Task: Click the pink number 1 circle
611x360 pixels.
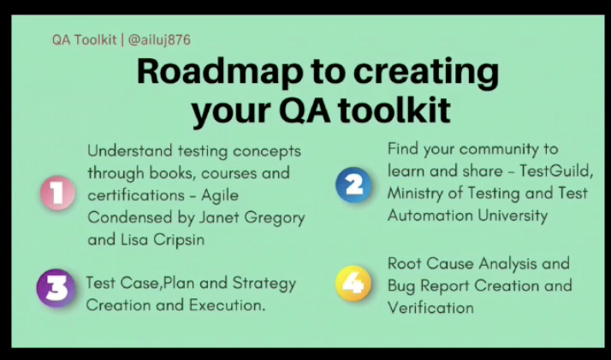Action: (x=57, y=193)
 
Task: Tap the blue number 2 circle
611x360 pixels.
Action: (x=353, y=185)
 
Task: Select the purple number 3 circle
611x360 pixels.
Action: (x=56, y=288)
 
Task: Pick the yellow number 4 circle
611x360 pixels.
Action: (x=353, y=283)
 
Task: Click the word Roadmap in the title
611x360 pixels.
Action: (x=220, y=72)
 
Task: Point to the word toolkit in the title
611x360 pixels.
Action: (x=394, y=110)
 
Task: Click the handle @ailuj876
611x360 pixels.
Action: (x=159, y=39)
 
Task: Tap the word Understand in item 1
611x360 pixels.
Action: (x=130, y=150)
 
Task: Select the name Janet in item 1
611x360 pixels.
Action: (x=219, y=217)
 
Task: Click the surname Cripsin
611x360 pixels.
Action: (x=179, y=239)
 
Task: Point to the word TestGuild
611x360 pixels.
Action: (x=556, y=171)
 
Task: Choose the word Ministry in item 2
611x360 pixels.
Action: (x=415, y=193)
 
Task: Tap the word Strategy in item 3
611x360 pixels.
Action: (x=264, y=283)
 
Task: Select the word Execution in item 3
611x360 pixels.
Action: (x=227, y=305)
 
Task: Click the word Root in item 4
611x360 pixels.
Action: (x=405, y=263)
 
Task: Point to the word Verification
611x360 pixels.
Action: (x=430, y=308)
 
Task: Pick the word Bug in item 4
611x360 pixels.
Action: (x=401, y=286)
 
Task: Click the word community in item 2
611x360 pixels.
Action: (x=500, y=150)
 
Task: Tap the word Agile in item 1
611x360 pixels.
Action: (x=220, y=195)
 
